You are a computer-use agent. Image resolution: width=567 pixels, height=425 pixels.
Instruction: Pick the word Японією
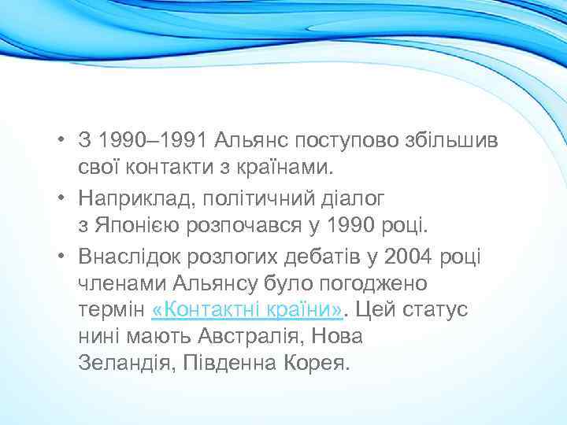tap(137, 226)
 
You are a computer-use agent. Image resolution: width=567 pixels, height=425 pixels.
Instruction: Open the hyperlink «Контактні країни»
tap(246, 310)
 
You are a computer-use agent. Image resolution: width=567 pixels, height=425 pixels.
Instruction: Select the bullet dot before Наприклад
tap(61, 198)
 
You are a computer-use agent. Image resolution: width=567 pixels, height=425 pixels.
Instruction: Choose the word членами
tap(115, 283)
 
